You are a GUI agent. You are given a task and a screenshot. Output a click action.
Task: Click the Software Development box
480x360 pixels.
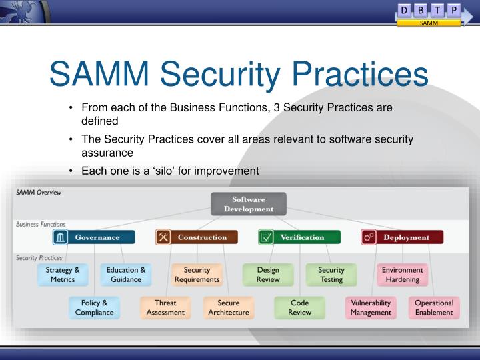248,204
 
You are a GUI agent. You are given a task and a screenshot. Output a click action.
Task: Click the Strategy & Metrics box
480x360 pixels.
63,275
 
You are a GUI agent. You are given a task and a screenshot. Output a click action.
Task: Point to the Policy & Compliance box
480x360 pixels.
94,307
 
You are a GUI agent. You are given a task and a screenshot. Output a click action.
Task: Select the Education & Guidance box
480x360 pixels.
126,275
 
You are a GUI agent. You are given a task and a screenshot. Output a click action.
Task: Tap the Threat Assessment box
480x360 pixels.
165,307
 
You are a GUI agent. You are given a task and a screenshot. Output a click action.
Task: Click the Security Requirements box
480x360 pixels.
197,275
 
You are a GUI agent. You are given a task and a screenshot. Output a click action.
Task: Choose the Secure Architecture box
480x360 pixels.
229,307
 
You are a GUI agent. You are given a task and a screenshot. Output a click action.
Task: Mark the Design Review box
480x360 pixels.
268,275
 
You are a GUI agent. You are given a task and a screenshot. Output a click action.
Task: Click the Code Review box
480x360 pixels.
299,307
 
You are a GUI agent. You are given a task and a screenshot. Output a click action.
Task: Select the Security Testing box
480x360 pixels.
331,275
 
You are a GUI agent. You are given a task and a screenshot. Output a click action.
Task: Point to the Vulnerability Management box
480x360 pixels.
371,307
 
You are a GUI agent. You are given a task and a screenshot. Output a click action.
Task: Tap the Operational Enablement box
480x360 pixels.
434,307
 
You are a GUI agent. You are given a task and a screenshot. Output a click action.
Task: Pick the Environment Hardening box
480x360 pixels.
402,275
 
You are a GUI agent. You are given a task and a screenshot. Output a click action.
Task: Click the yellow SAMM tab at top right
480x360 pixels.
429,23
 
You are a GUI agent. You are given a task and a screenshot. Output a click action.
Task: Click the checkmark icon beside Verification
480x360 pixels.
266,237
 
